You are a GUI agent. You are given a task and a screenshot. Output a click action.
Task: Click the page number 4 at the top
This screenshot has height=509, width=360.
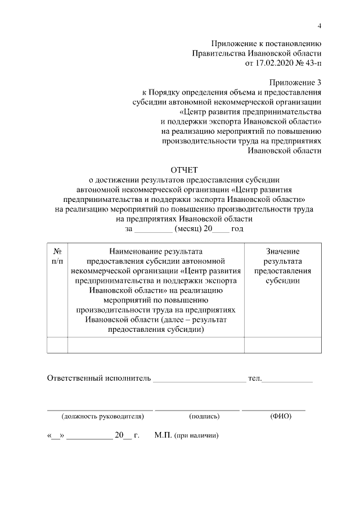[x=319, y=26]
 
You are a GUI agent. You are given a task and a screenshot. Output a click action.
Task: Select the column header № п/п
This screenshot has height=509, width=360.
[x=57, y=256]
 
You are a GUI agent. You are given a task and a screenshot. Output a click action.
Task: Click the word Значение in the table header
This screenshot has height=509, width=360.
[x=282, y=251]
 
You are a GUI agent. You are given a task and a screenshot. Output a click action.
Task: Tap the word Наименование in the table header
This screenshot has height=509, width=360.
[x=155, y=251]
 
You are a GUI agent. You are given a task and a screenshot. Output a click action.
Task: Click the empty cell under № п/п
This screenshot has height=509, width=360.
[x=57, y=344]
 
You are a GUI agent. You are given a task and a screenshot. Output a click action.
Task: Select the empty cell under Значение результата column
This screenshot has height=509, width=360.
[x=283, y=344]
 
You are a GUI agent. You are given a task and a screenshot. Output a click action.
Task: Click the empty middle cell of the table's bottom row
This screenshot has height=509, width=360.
[x=155, y=344]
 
